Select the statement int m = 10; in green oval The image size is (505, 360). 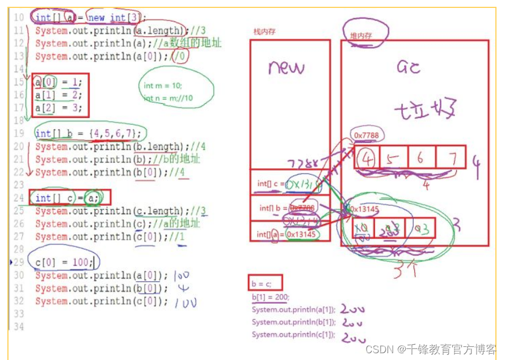(163, 86)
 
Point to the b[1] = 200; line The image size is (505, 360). (270, 297)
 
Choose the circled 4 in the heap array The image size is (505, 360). (368, 158)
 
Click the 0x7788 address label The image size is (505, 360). (366, 135)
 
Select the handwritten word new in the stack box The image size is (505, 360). (287, 68)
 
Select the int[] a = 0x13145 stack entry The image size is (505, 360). (287, 234)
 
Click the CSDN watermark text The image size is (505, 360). (431, 349)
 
